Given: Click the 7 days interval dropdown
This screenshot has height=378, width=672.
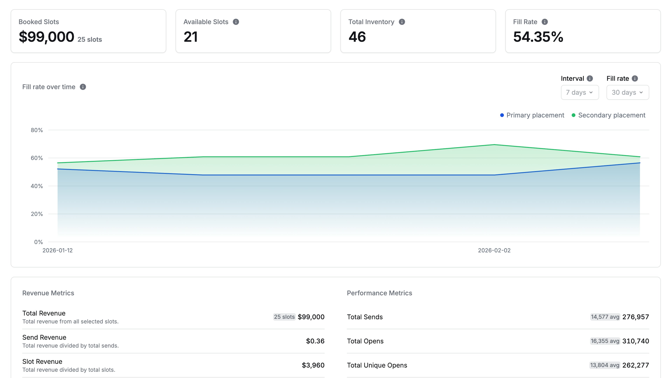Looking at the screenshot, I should tap(580, 92).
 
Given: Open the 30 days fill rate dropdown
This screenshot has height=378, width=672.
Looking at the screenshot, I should tap(627, 92).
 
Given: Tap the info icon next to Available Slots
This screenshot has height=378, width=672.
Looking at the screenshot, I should tap(236, 22).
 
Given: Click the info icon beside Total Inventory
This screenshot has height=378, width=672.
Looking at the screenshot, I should tap(402, 22).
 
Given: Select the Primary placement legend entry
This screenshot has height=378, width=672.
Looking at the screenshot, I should tap(532, 115).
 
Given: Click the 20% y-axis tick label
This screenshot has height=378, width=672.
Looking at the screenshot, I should tap(37, 214).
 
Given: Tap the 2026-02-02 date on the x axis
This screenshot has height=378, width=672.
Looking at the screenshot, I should tap(494, 250).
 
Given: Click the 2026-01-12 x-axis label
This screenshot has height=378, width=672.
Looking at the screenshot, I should tap(58, 250).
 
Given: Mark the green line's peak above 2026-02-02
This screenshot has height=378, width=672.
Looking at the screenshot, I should tap(494, 145).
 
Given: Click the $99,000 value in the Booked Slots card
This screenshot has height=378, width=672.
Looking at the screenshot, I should tap(46, 37).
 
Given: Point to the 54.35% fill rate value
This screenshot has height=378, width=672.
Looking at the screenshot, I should tap(538, 37).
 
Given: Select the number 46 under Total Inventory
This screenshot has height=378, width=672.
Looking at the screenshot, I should tap(357, 37).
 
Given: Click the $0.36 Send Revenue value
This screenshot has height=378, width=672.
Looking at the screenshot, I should tap(315, 341).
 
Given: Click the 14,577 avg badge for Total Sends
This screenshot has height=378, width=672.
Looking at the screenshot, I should tap(605, 317).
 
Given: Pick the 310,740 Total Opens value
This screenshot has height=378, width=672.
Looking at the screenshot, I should tap(635, 341).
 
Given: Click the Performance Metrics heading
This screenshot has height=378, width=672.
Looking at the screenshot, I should tap(379, 293).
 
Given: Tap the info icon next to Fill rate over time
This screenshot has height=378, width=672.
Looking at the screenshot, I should tap(83, 87).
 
